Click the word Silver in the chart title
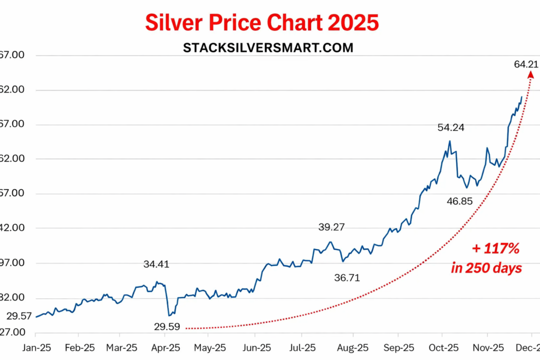(175, 23)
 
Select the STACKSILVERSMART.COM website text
(268, 47)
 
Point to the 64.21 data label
(526, 64)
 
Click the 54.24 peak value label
(450, 127)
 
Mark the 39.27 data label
(332, 227)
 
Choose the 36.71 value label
(347, 278)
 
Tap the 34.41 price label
(156, 264)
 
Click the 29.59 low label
(167, 327)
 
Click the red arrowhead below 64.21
(531, 75)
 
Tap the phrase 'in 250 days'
(487, 268)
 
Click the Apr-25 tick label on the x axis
(166, 348)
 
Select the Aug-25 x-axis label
(353, 348)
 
